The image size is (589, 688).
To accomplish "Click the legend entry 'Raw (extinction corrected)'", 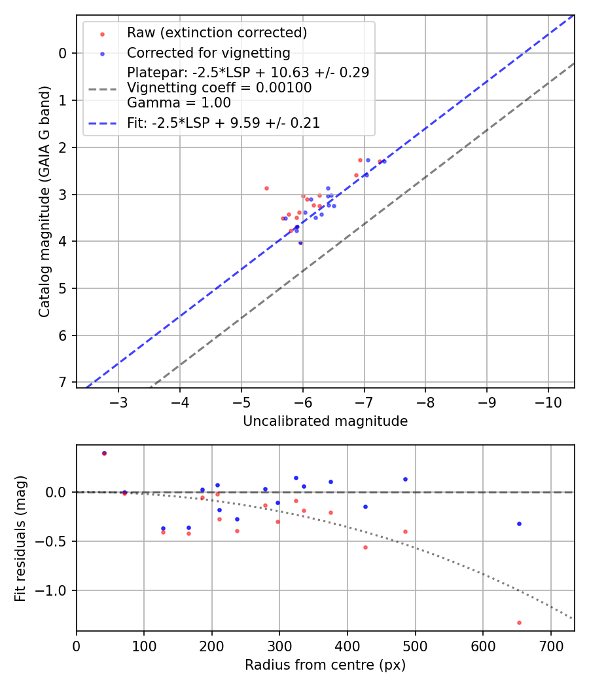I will click(x=217, y=33).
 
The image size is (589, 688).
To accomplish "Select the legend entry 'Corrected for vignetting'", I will click(x=208, y=52).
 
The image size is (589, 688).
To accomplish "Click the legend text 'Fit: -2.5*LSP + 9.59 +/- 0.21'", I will click(x=223, y=123).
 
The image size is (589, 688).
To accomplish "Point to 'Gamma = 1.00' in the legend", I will click(x=179, y=102).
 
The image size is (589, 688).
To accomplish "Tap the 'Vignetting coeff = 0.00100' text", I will click(x=219, y=87).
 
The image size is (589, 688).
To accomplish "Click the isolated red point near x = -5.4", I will click(x=266, y=188).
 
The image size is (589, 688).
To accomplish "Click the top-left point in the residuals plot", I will click(x=104, y=453).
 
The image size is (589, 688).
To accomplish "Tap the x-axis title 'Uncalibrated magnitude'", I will click(x=325, y=421).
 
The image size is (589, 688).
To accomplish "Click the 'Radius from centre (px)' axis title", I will click(x=325, y=665).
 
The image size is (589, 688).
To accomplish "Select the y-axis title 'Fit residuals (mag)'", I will click(x=20, y=537).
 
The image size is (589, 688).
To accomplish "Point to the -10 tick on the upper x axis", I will click(x=548, y=402).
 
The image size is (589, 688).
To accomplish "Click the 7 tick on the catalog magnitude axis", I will click(x=63, y=382).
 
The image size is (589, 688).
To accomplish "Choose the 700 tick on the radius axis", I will click(x=550, y=645).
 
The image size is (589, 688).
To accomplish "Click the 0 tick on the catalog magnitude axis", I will click(x=63, y=53).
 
